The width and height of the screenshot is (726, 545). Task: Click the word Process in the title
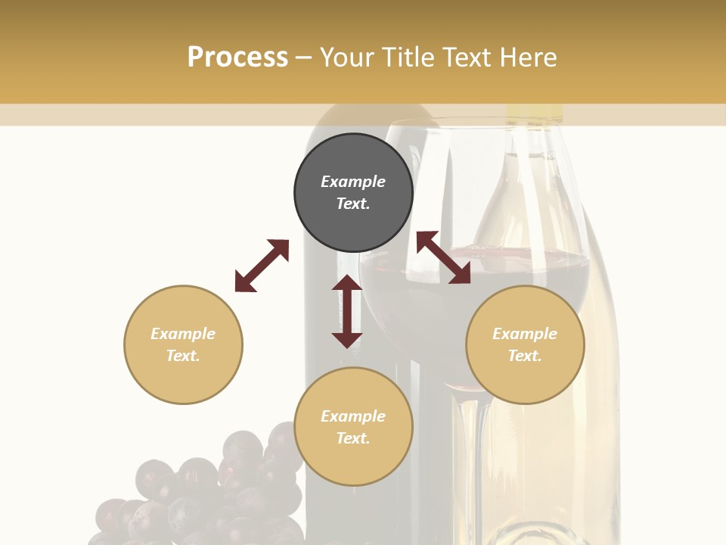pos(237,58)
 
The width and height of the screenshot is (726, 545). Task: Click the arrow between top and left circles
pos(262,266)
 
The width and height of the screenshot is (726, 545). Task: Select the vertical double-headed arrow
pos(347,311)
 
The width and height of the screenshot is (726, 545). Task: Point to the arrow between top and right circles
pos(443,257)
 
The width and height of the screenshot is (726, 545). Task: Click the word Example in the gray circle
pos(353,182)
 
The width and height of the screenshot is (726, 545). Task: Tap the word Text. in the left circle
pos(183,356)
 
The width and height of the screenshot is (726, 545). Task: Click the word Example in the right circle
pos(525,334)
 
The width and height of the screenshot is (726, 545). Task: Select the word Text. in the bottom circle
pos(353,438)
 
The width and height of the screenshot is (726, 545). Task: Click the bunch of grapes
pos(204,492)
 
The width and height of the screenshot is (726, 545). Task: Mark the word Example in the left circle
pos(183,334)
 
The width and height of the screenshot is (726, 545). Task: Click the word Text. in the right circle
pos(525,356)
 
